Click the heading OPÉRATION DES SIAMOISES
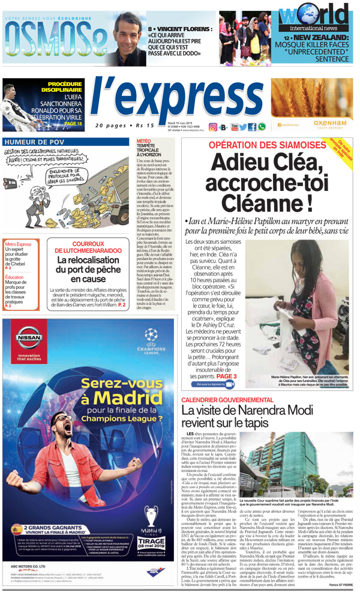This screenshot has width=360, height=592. click(x=263, y=145)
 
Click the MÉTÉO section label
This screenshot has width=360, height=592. click(x=144, y=140)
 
